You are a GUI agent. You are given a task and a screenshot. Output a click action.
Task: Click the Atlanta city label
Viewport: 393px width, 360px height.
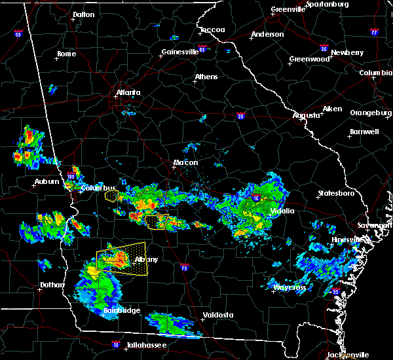point(128,92)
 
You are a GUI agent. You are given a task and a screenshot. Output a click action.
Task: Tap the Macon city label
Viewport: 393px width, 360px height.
point(185,162)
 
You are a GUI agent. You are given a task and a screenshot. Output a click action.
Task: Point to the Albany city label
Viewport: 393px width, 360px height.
point(146,259)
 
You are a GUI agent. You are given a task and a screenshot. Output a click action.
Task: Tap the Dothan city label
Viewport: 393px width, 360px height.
point(52,285)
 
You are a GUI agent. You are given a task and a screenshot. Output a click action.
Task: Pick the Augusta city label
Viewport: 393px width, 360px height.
point(307,115)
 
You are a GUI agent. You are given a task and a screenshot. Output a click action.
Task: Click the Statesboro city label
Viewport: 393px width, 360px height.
point(335,193)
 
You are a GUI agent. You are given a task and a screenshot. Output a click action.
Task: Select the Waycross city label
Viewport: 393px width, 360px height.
point(290,287)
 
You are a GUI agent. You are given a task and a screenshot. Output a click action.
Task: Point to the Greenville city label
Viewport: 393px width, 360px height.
point(290,10)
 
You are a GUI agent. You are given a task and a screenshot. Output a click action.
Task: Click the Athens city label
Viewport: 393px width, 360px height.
point(206,77)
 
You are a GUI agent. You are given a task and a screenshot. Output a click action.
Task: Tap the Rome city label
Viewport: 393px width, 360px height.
point(67,54)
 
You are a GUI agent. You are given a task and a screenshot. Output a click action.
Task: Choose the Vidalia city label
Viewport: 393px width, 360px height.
point(284,211)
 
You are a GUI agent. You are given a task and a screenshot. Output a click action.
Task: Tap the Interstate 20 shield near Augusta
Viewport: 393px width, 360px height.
point(240,116)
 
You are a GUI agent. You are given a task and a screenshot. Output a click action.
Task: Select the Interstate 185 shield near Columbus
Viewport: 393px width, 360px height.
point(71,175)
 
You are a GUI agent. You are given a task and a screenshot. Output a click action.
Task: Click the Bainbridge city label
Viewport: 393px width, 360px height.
point(121,310)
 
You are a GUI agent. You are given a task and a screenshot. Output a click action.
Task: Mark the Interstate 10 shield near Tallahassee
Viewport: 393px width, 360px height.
point(116,342)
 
